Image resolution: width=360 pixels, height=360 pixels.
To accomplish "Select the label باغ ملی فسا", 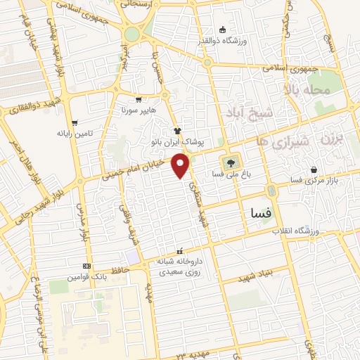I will pos(230,172).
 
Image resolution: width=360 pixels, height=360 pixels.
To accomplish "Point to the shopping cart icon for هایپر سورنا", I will pos(139,100).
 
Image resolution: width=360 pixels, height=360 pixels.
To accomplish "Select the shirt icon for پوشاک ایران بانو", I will pos(178,131).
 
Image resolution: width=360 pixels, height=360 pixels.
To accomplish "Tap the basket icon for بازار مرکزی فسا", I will pos(312,170).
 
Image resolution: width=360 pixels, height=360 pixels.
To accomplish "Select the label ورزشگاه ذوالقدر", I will pos(241,40).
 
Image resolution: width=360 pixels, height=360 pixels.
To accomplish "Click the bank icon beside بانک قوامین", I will pos(86,266).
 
